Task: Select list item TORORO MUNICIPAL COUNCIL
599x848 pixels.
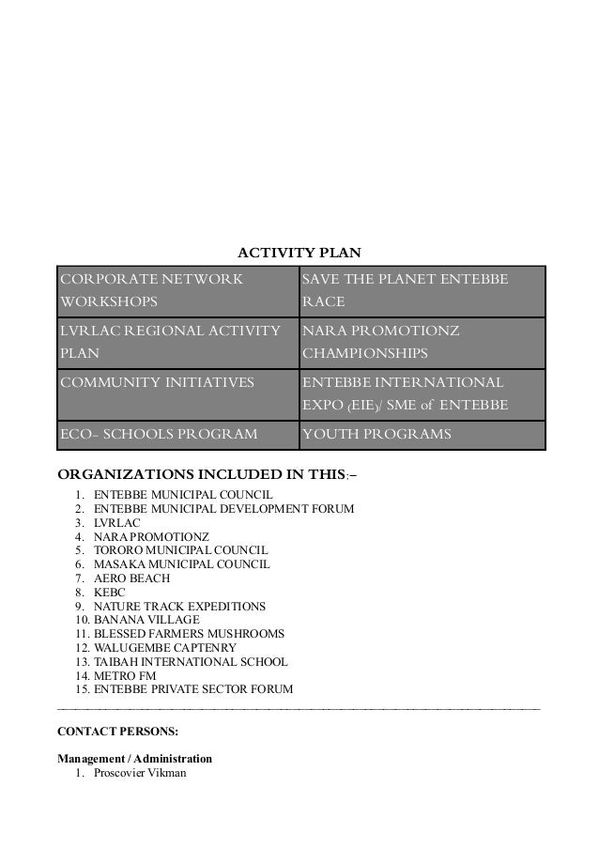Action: [181, 550]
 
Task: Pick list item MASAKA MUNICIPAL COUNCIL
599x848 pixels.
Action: [182, 564]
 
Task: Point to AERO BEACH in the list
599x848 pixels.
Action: [132, 578]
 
